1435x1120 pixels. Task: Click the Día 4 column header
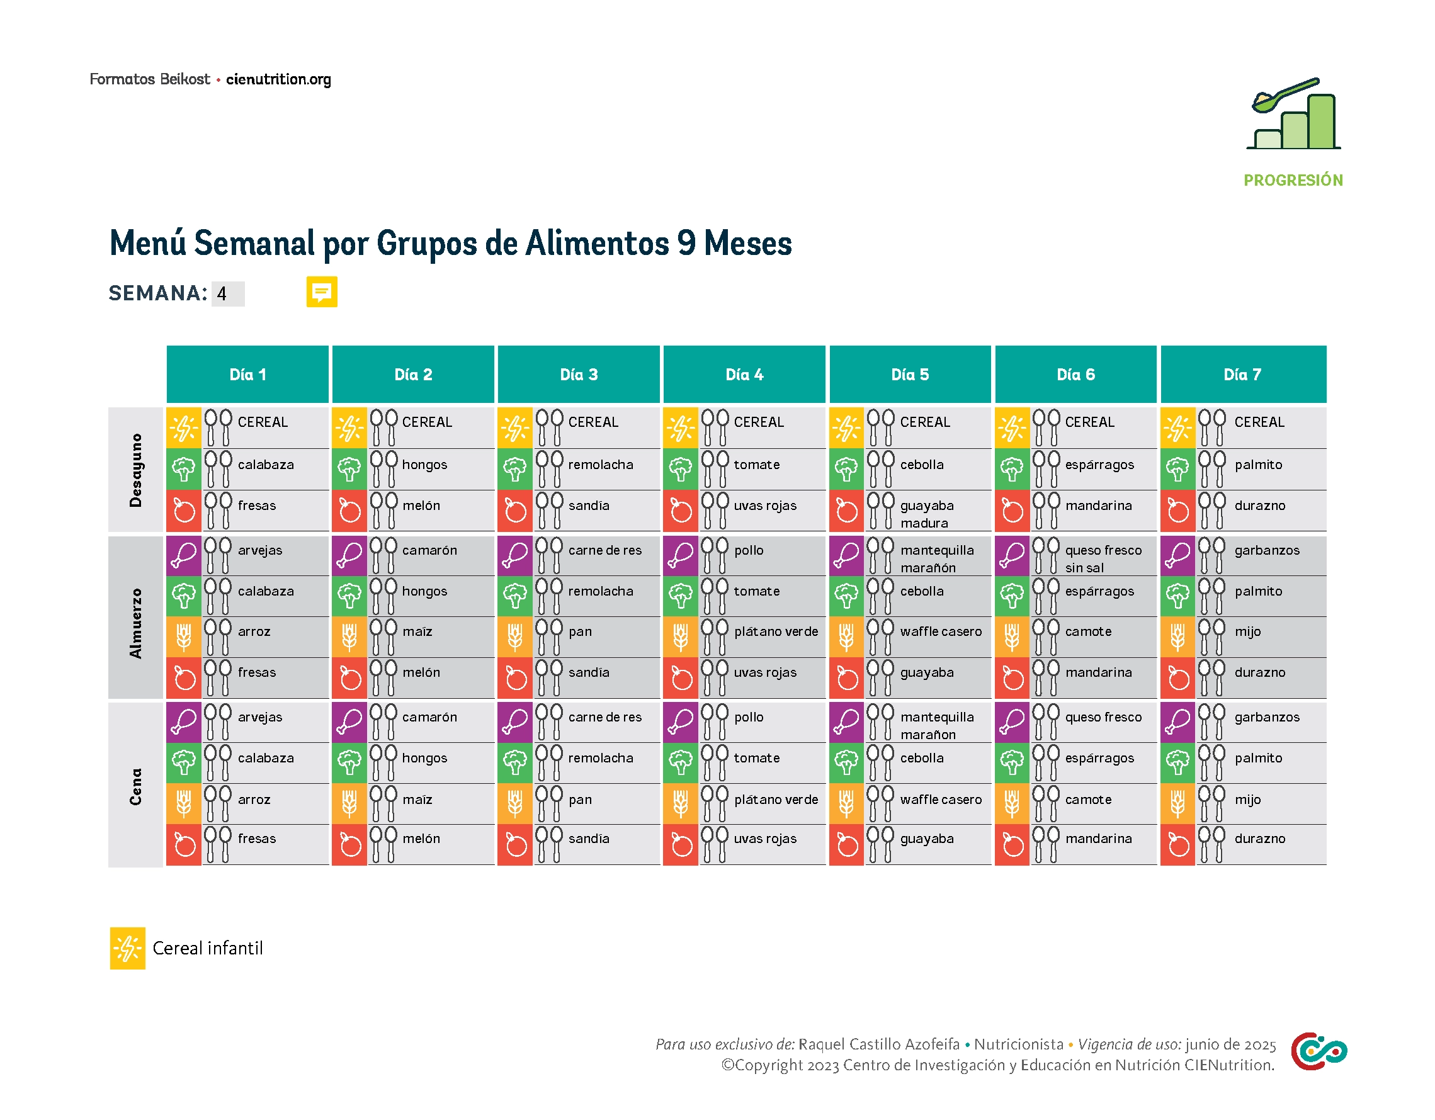744,375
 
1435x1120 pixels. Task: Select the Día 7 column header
1242,375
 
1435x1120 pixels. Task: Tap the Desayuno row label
135,470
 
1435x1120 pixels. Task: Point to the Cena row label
135,786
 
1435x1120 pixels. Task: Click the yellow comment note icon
321,291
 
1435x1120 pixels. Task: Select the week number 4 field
227,293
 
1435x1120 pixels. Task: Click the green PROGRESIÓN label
1292,180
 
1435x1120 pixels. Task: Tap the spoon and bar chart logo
1292,114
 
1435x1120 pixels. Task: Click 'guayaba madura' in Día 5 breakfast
926,514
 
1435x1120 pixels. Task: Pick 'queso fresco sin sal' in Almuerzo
1103,558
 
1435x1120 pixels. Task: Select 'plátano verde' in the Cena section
775,800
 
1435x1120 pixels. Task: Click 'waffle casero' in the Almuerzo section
940,631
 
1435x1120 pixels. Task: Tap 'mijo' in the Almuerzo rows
1247,631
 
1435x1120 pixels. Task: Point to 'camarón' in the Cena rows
429,716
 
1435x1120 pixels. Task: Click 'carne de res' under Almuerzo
604,550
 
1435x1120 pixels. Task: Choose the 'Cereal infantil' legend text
208,948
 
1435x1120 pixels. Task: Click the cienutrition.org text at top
278,79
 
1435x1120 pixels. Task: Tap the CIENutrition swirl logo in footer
1317,1051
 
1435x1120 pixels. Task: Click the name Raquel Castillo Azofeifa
878,1044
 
